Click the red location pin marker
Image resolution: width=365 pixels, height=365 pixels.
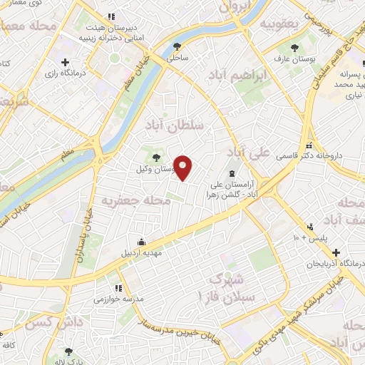(183, 168)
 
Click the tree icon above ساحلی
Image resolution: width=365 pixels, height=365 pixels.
(176, 47)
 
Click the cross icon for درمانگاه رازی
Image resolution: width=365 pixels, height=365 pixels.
(66, 63)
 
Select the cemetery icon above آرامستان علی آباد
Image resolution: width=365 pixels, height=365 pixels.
(231, 173)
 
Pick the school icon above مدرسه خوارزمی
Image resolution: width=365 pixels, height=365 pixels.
(118, 288)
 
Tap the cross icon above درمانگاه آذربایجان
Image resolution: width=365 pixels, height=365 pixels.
(336, 252)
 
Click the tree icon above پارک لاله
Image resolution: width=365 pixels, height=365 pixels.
(68, 351)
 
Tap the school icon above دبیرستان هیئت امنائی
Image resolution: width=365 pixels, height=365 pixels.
(109, 16)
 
